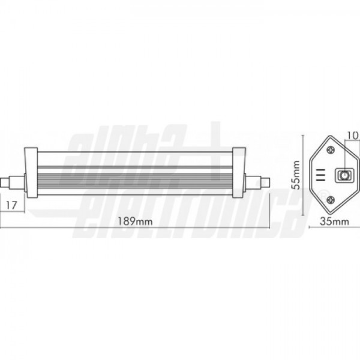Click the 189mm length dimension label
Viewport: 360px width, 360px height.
135,221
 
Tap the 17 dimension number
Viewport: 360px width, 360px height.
11,205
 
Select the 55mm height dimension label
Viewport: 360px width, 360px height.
295,175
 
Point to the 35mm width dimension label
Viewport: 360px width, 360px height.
334,221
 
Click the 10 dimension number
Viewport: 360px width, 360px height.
353,136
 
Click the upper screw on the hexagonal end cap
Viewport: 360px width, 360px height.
331,150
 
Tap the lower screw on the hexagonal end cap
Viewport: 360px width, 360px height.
331,200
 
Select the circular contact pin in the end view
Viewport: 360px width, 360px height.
344,176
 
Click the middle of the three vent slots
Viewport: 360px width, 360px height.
320,175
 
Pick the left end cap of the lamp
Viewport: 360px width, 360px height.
31,172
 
